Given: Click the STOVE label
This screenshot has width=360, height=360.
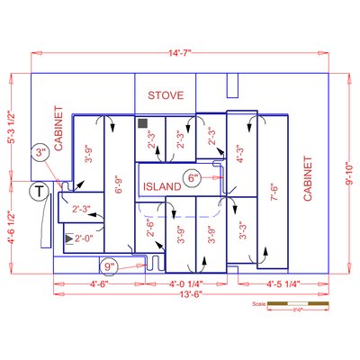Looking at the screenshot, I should coord(166,94).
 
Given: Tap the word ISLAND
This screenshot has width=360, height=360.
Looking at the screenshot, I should coord(162,186).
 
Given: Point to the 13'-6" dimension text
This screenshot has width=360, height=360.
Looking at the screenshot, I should coord(180,294).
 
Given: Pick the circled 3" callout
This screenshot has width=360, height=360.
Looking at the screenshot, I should coord(40,154).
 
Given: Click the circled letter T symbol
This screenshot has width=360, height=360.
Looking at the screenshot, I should coord(40,191).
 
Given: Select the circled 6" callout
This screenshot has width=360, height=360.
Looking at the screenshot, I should coord(193,177).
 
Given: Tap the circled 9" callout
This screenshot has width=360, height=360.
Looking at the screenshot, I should coord(110,266).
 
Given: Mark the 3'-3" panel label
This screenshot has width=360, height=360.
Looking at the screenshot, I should coord(242,234).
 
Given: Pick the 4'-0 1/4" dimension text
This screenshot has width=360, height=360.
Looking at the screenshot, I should coord(190,284).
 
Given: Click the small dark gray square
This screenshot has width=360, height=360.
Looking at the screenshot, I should coord(141,121).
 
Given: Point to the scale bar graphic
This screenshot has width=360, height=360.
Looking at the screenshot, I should coord(293,304).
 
